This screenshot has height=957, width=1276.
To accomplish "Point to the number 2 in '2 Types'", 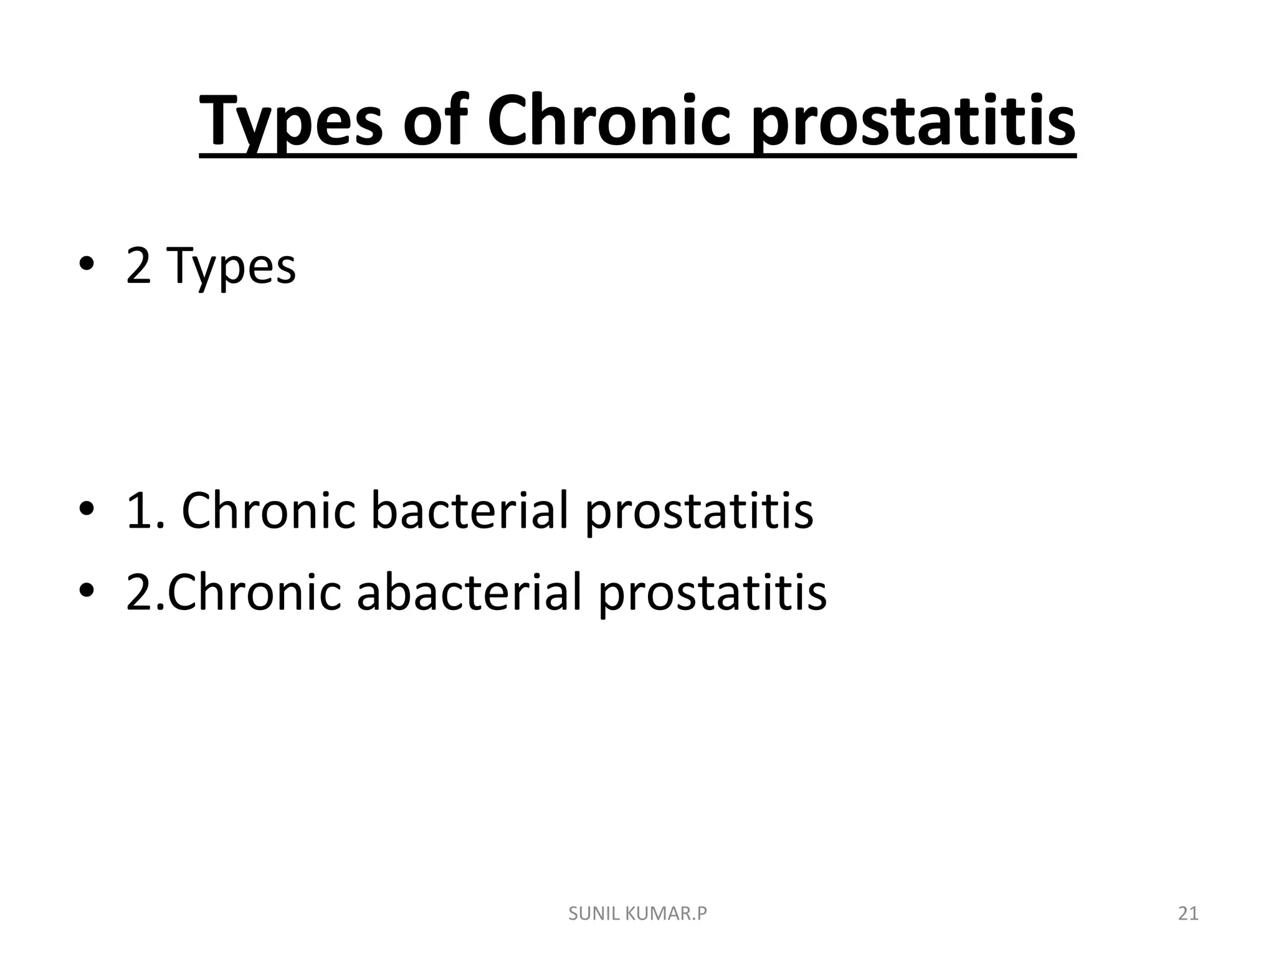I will click(138, 266).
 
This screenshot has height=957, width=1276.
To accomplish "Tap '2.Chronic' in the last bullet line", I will click(234, 593).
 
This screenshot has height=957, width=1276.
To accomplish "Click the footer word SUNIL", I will click(593, 914).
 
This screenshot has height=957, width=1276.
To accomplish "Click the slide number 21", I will click(1188, 914).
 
